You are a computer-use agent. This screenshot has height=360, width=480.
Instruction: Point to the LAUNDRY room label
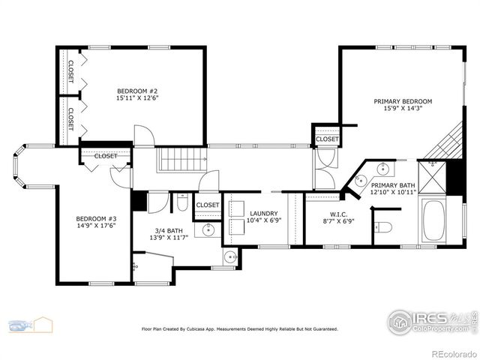[x=263, y=214]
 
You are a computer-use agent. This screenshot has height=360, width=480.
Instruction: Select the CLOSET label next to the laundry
[x=208, y=205]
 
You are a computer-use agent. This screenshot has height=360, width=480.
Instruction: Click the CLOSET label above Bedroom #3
[x=106, y=156]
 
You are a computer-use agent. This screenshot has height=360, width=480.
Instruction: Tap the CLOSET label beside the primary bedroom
[x=327, y=139]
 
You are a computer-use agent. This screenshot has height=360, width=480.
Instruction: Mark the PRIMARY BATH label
[x=392, y=184]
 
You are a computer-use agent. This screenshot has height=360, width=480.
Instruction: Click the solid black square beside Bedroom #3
[x=138, y=201]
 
